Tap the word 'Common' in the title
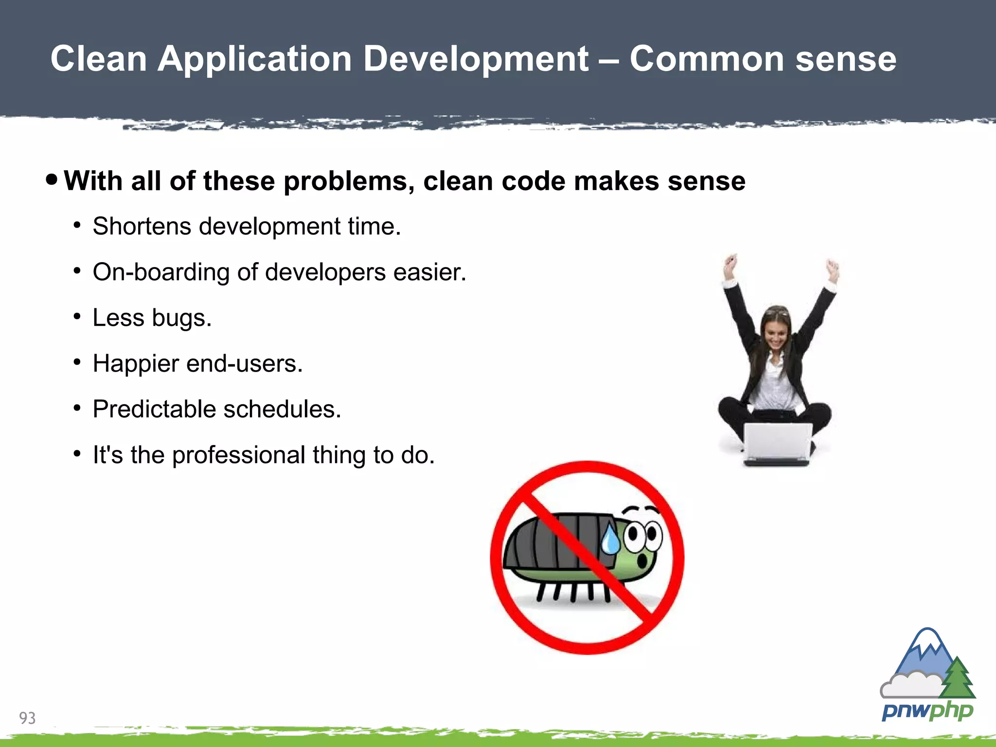tap(707, 59)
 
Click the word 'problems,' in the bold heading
tap(349, 181)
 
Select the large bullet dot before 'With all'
tap(52, 179)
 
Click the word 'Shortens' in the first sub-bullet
tap(142, 227)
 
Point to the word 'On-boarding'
tap(160, 272)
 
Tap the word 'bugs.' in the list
tap(181, 319)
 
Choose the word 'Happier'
tap(136, 364)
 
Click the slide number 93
tap(27, 718)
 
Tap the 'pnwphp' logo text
tap(927, 711)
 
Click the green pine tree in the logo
tap(957, 678)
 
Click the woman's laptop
tap(778, 443)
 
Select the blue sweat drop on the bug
tap(610, 541)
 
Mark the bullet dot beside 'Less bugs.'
tap(77, 317)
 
